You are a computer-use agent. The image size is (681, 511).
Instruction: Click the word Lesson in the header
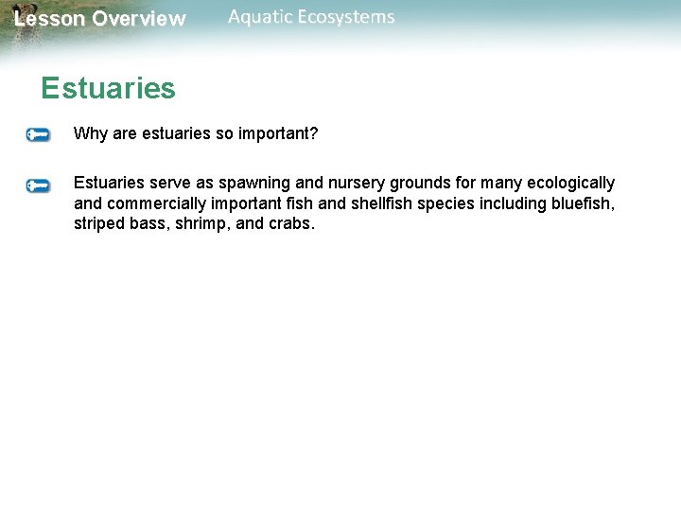click(49, 19)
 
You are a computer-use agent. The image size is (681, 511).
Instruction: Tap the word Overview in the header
click(139, 19)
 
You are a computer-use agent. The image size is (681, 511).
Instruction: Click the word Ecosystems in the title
click(348, 17)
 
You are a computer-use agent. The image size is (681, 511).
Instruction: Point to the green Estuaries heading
click(108, 89)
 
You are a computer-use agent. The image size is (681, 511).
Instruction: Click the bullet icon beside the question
click(38, 135)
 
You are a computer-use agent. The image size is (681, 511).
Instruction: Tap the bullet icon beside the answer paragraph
click(38, 185)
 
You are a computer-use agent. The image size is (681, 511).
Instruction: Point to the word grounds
click(413, 183)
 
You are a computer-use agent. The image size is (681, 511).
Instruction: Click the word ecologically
click(568, 183)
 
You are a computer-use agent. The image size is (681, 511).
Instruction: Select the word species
click(448, 203)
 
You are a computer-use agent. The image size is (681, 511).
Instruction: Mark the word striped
click(99, 224)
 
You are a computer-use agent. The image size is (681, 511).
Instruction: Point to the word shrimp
click(197, 224)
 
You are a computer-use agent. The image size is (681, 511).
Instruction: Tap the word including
click(510, 203)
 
